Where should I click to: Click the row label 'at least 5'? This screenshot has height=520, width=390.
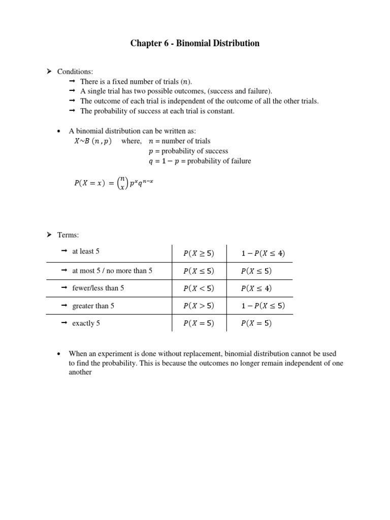tap(86, 251)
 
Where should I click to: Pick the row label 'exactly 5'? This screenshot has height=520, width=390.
tap(86, 323)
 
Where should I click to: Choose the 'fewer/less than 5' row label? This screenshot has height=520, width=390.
tap(98, 288)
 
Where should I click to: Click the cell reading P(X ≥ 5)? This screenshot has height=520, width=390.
tap(199, 253)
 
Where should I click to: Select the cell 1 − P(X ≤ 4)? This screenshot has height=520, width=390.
tap(259, 253)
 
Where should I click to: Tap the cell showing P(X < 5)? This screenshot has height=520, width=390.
tap(199, 288)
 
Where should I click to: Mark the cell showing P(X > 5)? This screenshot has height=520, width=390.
tap(199, 306)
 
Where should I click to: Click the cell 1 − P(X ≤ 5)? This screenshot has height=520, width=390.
tap(259, 306)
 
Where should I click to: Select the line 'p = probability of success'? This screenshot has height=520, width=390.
tap(188, 151)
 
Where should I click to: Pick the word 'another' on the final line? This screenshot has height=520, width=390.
tap(80, 372)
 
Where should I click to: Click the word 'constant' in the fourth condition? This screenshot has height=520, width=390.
tap(221, 111)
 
